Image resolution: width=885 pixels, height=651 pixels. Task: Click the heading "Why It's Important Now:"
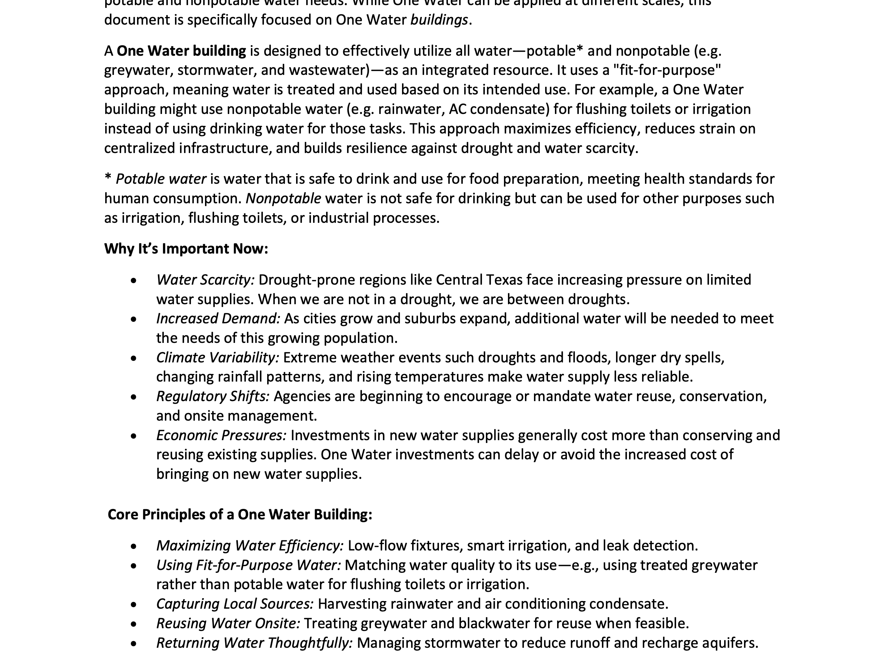coord(186,249)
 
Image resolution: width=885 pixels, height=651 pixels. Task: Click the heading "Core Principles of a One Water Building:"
coord(239,514)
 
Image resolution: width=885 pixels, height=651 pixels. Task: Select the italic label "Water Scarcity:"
coord(205,280)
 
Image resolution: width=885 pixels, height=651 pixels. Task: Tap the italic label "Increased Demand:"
coord(218,318)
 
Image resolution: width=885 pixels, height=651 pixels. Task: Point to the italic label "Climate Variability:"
coord(217,357)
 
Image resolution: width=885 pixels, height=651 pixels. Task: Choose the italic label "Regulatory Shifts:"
coord(213,396)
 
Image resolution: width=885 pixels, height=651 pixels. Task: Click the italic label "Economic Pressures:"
coord(221,435)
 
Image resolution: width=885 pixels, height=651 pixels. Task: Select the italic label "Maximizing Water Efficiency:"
coord(250,545)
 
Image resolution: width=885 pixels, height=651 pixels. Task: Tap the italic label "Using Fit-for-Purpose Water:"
coord(248,565)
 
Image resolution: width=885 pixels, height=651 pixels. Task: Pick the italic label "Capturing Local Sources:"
coord(235,604)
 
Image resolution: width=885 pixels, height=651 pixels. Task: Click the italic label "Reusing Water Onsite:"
coord(228,623)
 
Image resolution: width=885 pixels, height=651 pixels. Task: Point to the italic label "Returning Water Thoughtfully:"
coord(254,643)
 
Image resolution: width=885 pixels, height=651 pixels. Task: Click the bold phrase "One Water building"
coord(181,51)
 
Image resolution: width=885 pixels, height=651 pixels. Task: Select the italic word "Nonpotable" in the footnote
coord(283,198)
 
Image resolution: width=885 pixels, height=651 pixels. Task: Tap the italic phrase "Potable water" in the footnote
coord(161,179)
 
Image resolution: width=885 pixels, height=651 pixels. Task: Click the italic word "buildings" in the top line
coord(439,20)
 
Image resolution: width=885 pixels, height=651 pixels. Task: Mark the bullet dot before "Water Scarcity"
coord(134,281)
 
